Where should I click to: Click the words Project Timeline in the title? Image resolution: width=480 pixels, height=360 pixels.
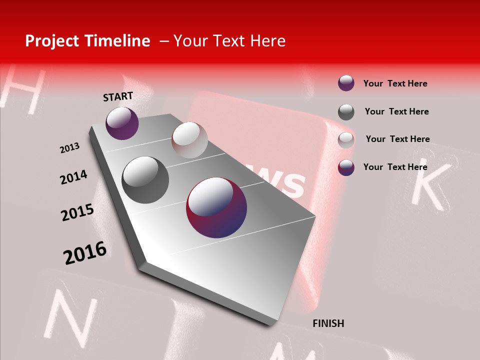[87, 41]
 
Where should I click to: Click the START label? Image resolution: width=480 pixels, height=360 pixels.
[118, 96]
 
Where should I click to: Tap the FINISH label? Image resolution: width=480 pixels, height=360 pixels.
[328, 323]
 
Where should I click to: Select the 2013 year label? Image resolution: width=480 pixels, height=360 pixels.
[69, 148]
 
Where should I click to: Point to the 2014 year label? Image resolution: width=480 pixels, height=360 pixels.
[73, 177]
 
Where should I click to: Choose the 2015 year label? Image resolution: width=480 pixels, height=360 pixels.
[77, 212]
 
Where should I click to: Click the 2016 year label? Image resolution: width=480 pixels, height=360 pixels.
[85, 252]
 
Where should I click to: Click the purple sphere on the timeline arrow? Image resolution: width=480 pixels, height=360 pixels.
[122, 123]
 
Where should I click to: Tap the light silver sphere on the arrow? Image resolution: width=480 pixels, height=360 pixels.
[189, 140]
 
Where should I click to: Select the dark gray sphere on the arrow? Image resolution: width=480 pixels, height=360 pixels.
[145, 180]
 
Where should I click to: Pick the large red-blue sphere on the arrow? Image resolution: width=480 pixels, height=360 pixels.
[216, 207]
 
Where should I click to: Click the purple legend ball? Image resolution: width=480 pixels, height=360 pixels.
[346, 83]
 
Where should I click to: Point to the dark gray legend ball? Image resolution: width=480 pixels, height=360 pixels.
[346, 112]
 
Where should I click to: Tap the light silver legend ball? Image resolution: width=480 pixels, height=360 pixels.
[346, 140]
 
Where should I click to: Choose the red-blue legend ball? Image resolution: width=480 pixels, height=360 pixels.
[346, 167]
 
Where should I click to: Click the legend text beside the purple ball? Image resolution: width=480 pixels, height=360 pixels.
[395, 83]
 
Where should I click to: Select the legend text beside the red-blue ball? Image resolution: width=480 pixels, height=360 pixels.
[395, 167]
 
